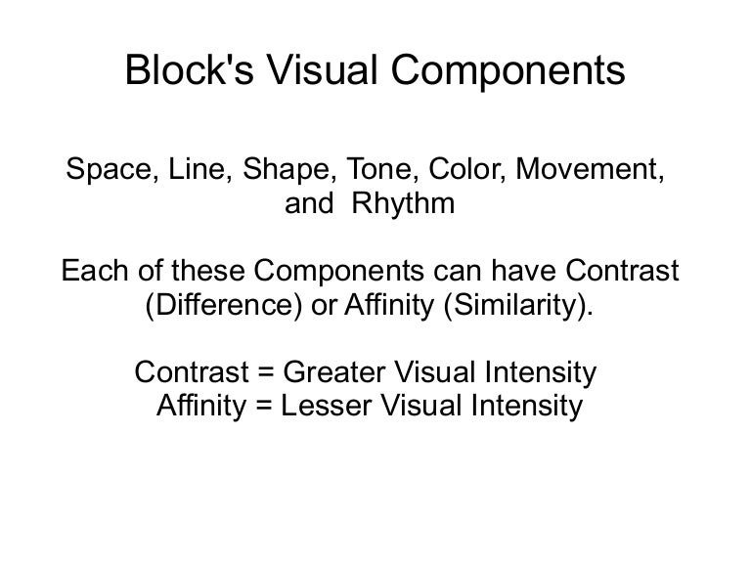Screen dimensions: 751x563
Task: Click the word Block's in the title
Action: [x=189, y=70]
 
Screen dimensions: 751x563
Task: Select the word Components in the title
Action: [x=508, y=70]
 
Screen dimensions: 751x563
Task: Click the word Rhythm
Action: [x=403, y=204]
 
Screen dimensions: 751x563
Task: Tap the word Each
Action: [x=95, y=271]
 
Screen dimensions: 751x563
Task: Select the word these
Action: [x=208, y=271]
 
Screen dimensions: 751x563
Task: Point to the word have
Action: [x=523, y=271]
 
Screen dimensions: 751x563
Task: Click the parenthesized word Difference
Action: [x=224, y=305]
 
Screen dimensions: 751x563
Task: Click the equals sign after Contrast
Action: [x=266, y=372]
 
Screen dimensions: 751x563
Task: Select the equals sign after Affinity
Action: [x=264, y=406]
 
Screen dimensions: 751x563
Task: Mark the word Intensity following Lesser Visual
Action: [x=526, y=407]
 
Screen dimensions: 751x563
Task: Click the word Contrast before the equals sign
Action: [x=192, y=372]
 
